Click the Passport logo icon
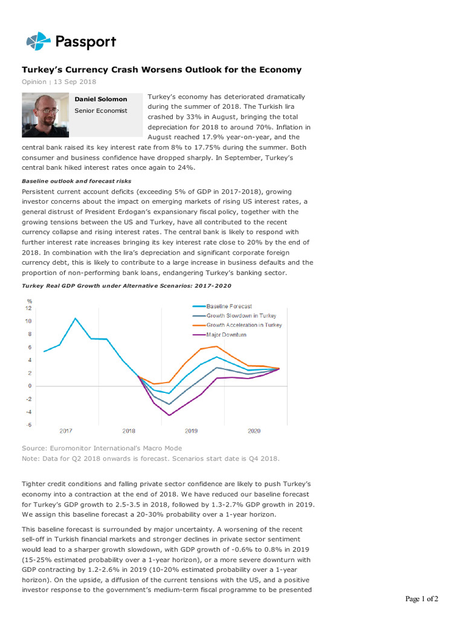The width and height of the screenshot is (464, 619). pos(38,42)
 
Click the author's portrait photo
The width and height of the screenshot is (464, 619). pos(45,115)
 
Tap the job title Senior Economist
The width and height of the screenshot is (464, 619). pos(101,111)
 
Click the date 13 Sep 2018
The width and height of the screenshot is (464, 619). pos(76,82)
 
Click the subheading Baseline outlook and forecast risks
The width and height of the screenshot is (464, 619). pos(76,181)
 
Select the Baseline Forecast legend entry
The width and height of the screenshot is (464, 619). pos(229,306)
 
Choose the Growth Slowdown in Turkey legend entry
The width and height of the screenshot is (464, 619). pos(241,316)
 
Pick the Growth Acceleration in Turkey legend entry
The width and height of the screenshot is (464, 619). pos(243,325)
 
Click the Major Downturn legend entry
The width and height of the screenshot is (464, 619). pos(226,334)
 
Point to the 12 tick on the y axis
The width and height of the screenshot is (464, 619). pos(28,308)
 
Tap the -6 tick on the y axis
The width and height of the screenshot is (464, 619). pos(28,424)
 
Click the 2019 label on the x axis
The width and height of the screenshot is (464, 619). pos(192,431)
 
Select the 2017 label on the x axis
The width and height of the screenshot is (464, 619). pos(66,431)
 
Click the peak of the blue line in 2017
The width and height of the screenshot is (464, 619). pos(76,319)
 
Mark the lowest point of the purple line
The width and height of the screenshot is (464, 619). pos(170,415)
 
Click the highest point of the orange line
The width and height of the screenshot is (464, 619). pos(216,346)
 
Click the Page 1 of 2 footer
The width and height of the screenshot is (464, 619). pos(421,599)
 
